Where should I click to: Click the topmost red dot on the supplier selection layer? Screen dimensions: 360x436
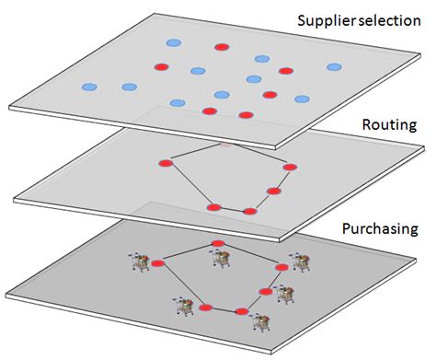point(221,47)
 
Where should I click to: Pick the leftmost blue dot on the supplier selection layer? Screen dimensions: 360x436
point(89,87)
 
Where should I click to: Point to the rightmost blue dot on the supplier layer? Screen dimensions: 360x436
point(334,66)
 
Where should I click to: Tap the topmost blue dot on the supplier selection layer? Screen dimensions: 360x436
point(173,42)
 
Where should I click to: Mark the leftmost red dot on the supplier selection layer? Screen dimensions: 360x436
point(161,66)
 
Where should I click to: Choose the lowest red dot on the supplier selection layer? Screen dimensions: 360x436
point(246,115)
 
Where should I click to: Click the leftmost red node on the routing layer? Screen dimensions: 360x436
point(166,164)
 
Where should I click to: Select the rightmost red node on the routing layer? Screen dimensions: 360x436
point(290,167)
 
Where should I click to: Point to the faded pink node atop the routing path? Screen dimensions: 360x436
point(225,145)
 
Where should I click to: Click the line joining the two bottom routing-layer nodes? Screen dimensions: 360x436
point(232,209)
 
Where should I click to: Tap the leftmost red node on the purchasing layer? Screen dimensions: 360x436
point(156,264)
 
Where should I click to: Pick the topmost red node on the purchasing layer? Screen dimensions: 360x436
point(218,244)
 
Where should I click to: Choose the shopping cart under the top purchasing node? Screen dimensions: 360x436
point(221,258)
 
